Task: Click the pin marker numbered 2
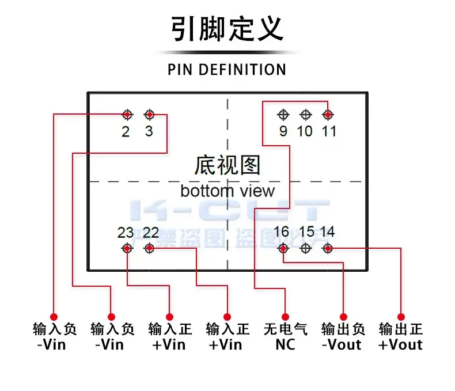coord(127,115)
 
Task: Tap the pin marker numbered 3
coord(150,115)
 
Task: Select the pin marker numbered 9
coord(283,115)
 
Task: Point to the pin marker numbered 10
coord(305,115)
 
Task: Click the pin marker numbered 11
coord(328,115)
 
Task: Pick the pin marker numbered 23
coord(127,248)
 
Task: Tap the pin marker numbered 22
coord(150,248)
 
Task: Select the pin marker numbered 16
coord(283,248)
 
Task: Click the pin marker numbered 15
coord(305,248)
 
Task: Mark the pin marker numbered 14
coord(328,248)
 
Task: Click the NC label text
coord(285,344)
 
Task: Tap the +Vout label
coord(400,344)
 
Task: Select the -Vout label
coord(343,344)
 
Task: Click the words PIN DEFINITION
coord(227,70)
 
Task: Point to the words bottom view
coord(227,191)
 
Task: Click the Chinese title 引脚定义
coord(227,29)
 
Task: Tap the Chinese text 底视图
coord(227,165)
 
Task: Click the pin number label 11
coord(328,131)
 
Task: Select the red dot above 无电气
coord(285,317)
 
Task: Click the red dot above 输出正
coord(401,317)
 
